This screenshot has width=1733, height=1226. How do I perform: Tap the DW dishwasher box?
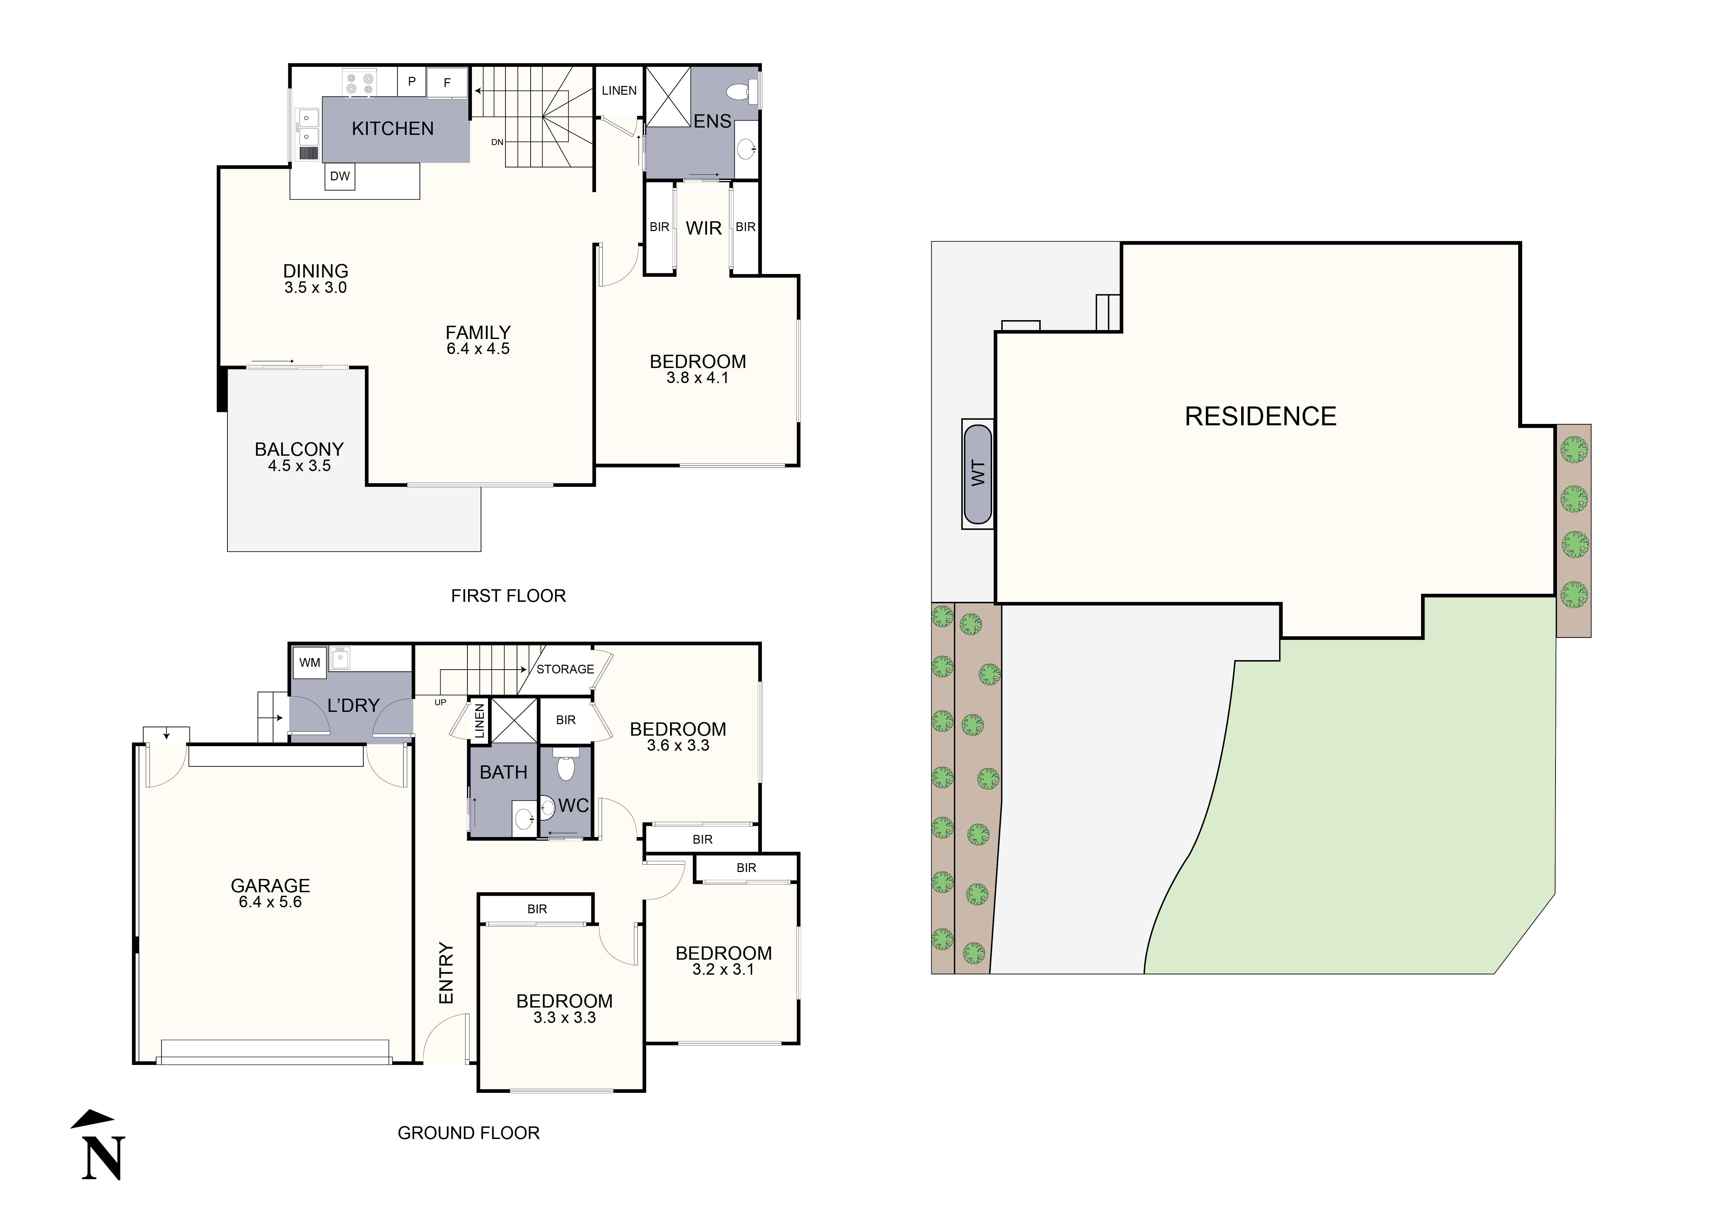pyautogui.click(x=340, y=176)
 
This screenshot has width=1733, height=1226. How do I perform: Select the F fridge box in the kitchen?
pyautogui.click(x=447, y=83)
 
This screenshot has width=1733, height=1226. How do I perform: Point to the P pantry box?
pyautogui.click(x=412, y=81)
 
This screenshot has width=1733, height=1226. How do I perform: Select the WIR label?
pyautogui.click(x=704, y=228)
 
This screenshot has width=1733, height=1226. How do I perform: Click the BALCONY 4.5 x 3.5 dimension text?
pyautogui.click(x=299, y=466)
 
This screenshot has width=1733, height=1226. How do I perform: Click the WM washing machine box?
pyautogui.click(x=310, y=663)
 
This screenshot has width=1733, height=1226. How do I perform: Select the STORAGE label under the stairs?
pyautogui.click(x=565, y=670)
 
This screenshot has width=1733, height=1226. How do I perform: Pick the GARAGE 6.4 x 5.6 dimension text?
pyautogui.click(x=270, y=902)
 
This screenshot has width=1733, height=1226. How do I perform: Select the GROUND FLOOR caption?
pyautogui.click(x=468, y=1133)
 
